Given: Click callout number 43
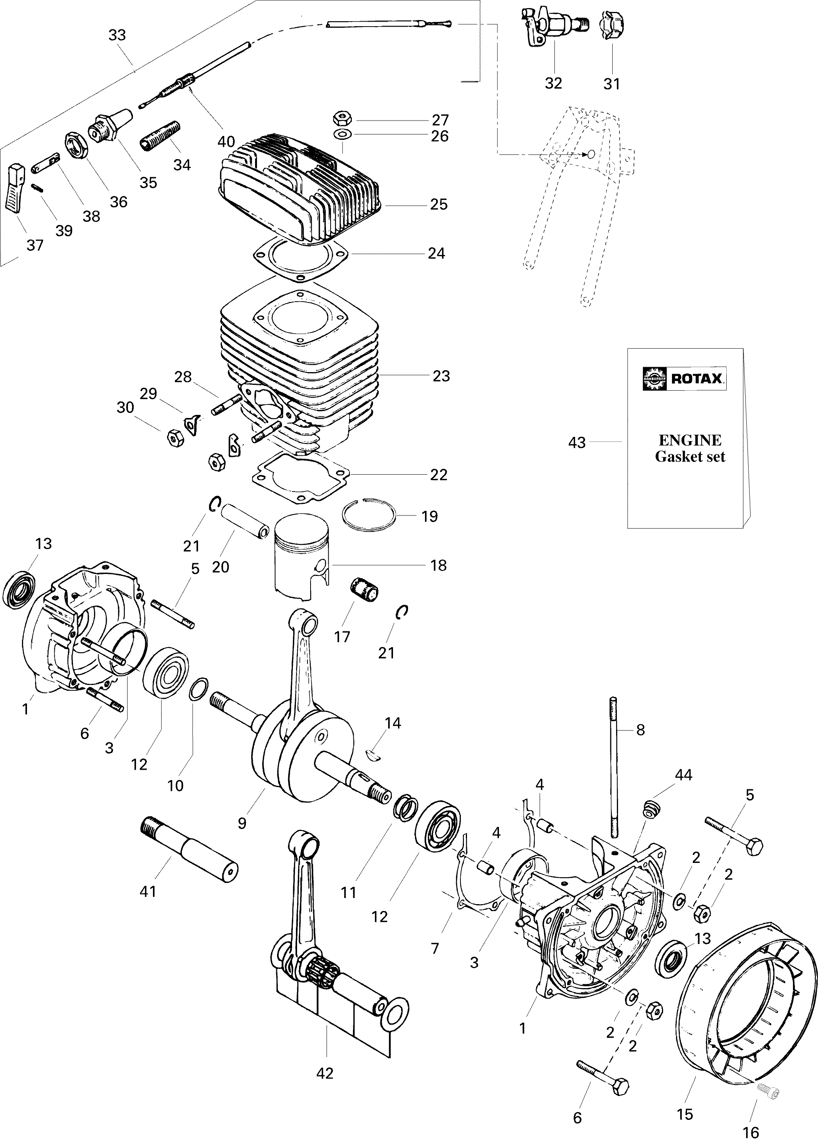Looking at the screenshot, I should tap(577, 443).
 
